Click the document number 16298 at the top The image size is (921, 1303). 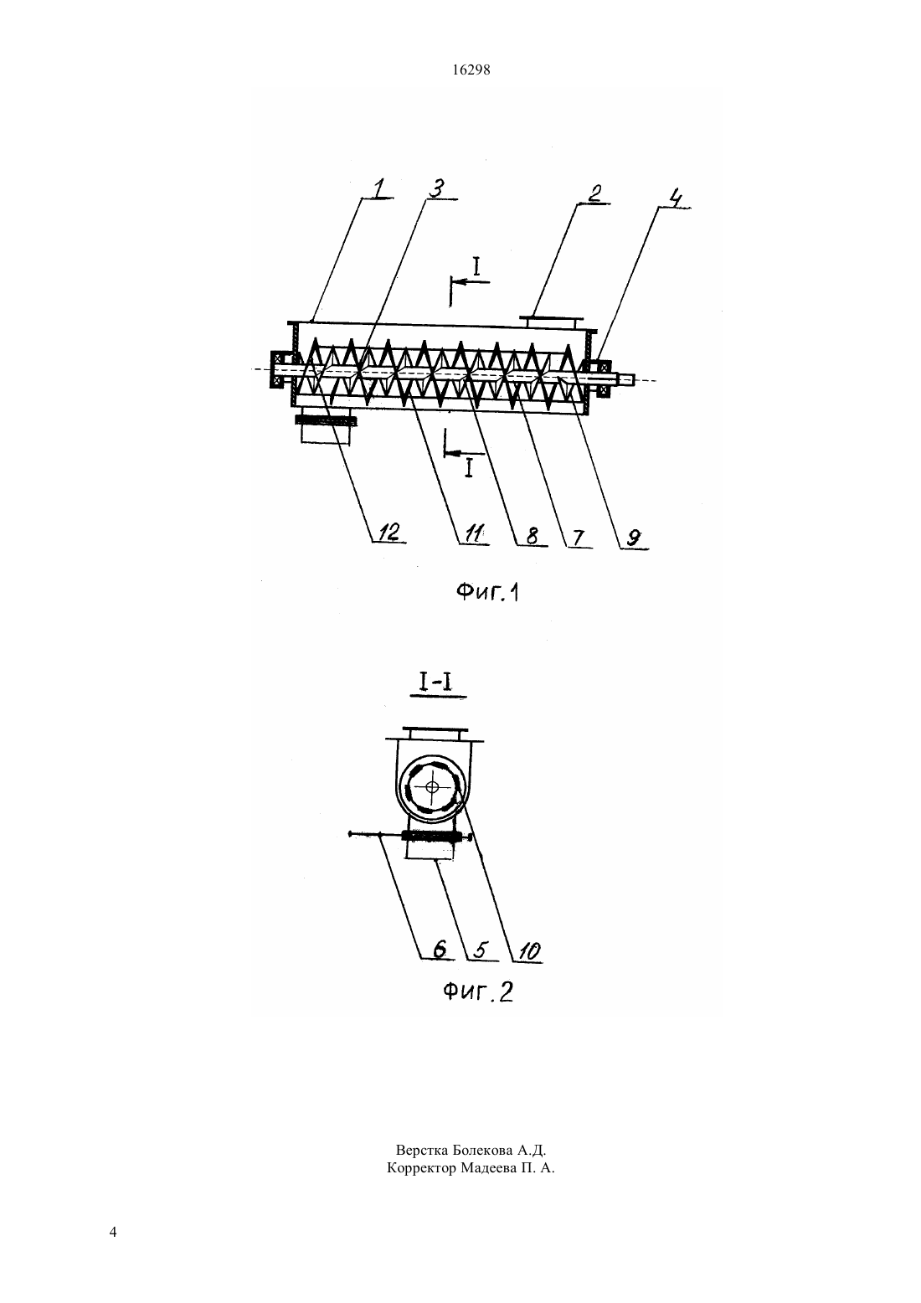pyautogui.click(x=471, y=70)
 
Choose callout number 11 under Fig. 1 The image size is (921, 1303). pyautogui.click(x=475, y=534)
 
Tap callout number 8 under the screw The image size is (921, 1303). pyautogui.click(x=532, y=536)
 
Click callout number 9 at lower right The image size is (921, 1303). pyautogui.click(x=633, y=538)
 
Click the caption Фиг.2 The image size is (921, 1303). pyautogui.click(x=478, y=991)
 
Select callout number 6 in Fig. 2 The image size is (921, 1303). pyautogui.click(x=440, y=949)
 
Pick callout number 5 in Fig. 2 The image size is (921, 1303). pyautogui.click(x=480, y=950)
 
